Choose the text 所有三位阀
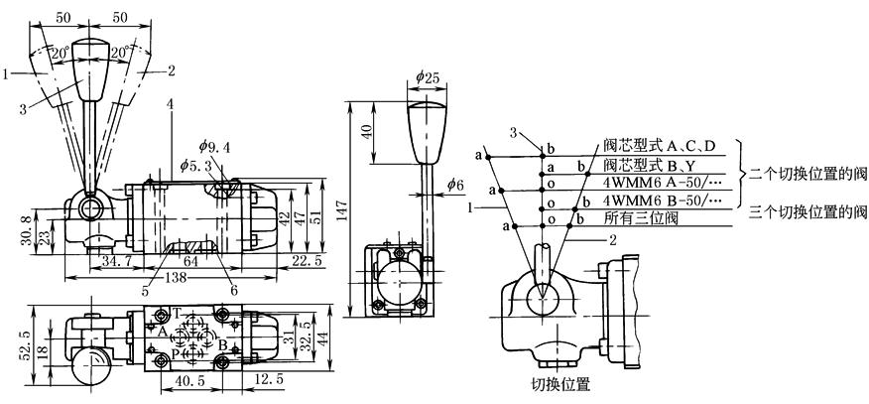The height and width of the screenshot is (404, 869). pos(633,217)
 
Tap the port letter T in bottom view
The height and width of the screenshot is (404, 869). pos(177,311)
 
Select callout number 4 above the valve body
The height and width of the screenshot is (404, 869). pos(171,103)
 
